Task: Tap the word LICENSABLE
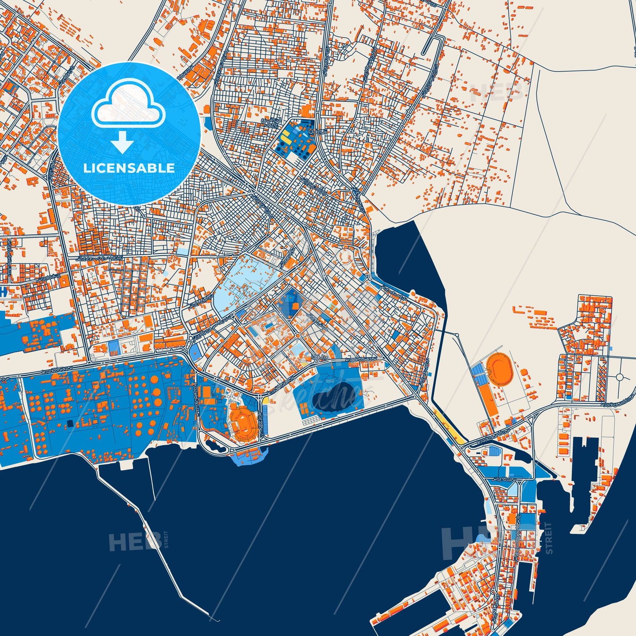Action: click(129, 168)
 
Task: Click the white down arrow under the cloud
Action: click(123, 143)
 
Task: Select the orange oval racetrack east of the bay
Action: click(500, 367)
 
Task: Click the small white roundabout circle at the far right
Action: click(620, 377)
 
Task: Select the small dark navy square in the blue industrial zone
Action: click(70, 423)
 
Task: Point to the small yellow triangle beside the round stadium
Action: click(266, 401)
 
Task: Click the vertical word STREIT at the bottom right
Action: click(548, 538)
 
